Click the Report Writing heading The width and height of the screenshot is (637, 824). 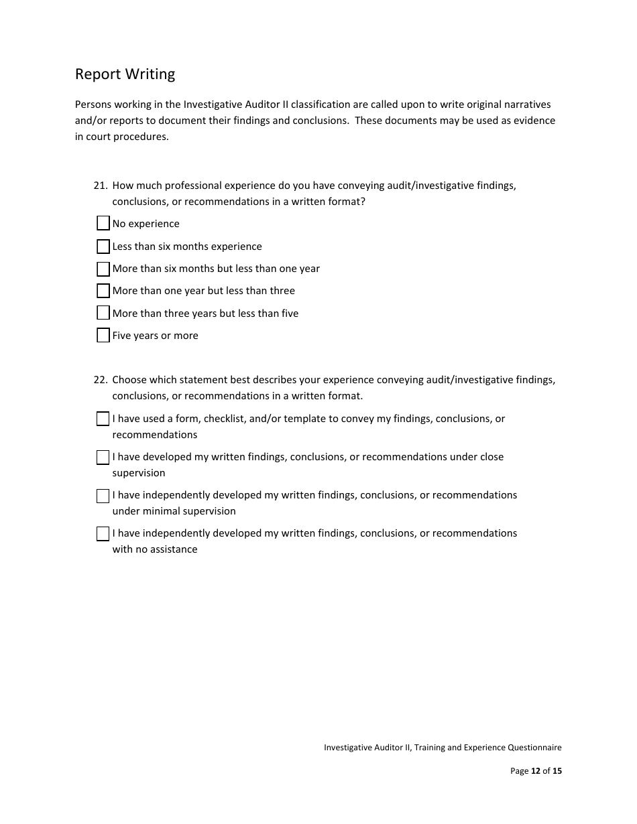coord(125,74)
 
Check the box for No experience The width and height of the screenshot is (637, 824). coord(103,223)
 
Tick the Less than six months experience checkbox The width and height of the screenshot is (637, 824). coord(103,247)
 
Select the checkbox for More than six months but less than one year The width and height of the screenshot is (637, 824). coord(103,269)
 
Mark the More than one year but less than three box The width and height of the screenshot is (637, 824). coord(103,291)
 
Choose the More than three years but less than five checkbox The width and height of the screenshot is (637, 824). coord(103,313)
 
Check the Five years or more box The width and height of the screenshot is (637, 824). coord(103,336)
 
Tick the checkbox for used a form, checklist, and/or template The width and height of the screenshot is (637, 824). coord(103,419)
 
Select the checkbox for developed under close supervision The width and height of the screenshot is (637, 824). coord(103,457)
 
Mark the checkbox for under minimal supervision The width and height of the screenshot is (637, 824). coord(103,496)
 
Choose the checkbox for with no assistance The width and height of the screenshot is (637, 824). coord(103,534)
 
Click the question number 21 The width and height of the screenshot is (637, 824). coord(100,186)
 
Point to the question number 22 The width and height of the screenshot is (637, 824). coord(100,380)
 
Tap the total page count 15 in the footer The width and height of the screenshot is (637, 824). coord(557,771)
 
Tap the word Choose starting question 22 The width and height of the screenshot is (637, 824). coord(129,380)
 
